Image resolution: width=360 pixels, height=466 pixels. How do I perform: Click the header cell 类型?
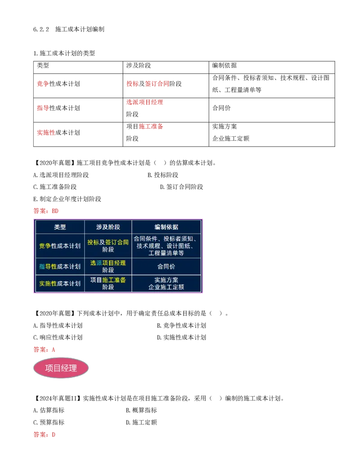(x=60, y=227)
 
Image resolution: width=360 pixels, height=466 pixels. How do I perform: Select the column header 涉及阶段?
(x=108, y=227)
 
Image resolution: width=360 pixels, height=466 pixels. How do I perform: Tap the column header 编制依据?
(x=166, y=227)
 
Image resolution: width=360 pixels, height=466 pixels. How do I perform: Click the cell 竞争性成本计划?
(x=60, y=246)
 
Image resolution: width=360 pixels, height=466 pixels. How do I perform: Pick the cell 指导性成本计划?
(x=60, y=267)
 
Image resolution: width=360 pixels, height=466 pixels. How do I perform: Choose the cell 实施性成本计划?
(x=60, y=283)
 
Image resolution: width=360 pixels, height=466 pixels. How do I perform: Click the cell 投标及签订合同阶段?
(x=108, y=246)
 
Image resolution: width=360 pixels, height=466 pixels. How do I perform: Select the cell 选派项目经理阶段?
(x=108, y=267)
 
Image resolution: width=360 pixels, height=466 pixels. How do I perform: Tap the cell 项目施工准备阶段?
(x=108, y=283)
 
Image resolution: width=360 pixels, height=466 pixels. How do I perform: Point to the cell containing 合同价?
(x=166, y=267)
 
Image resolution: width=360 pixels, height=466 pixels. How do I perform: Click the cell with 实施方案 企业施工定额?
(x=166, y=283)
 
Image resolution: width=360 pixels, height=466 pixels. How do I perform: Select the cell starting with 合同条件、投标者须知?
(x=166, y=246)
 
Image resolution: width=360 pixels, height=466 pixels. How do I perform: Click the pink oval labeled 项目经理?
(x=61, y=368)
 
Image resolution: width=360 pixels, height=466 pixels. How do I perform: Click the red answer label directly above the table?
(x=45, y=211)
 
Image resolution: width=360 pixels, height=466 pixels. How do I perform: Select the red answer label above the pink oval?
(x=45, y=349)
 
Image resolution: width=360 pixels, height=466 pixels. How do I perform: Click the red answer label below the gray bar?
(x=45, y=435)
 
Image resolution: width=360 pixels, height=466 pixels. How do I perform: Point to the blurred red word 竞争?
(x=43, y=84)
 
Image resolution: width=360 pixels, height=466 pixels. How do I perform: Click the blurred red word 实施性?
(x=45, y=132)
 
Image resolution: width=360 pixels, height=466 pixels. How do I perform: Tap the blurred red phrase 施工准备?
(x=151, y=127)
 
